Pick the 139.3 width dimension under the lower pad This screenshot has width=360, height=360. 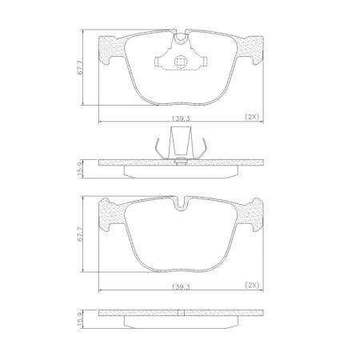[x=179, y=284]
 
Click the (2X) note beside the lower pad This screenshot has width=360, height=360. [x=252, y=284]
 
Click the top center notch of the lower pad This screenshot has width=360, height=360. [x=180, y=206]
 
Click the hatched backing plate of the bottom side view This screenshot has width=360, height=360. [x=180, y=313]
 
